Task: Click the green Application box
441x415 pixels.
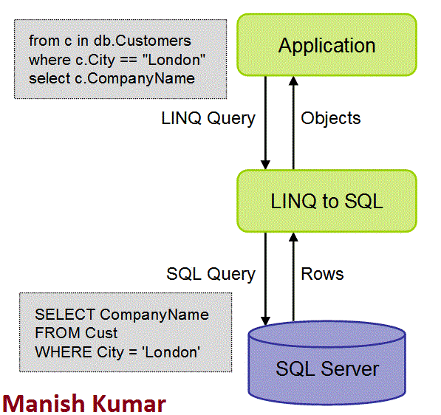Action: point(327,45)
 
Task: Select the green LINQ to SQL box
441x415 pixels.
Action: point(327,201)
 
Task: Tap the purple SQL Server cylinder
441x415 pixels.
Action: point(327,363)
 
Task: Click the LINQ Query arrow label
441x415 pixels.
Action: point(208,118)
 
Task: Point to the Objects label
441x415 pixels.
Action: point(331,118)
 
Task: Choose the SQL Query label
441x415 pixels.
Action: point(211,274)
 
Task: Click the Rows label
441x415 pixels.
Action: point(322,274)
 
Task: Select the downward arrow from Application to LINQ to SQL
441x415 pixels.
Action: point(265,123)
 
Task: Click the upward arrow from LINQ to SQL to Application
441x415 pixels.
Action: point(293,123)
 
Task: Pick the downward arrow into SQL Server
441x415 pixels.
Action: point(265,278)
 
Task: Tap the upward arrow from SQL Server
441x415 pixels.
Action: point(293,277)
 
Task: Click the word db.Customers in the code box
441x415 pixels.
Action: point(143,41)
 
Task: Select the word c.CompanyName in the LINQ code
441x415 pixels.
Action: point(134,79)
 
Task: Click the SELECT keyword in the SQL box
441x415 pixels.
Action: point(65,315)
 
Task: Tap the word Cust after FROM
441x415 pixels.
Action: point(101,333)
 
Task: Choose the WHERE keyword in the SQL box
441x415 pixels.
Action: point(64,352)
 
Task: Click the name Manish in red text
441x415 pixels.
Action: point(42,403)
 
